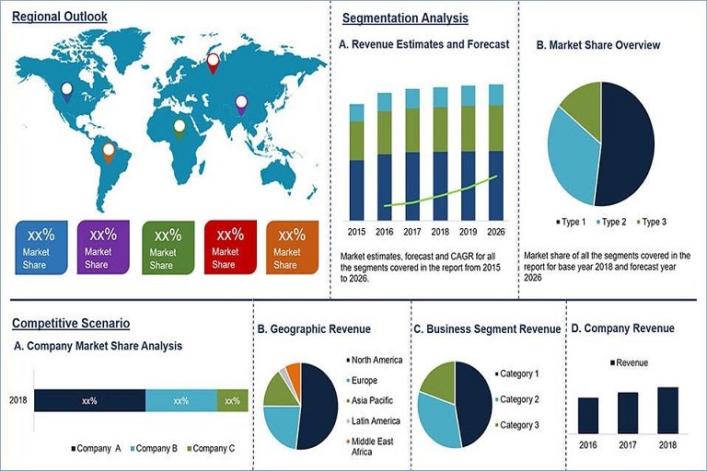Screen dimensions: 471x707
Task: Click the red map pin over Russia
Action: coord(214,63)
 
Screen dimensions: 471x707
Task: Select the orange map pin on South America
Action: coord(109,150)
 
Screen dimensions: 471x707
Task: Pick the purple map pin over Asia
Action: coord(241,104)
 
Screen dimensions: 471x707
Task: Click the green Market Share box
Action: coord(168,247)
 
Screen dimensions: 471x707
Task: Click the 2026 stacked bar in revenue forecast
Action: coord(496,152)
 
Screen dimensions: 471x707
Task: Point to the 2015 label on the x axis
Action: coord(356,231)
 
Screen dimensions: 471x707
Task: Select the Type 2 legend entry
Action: coord(613,222)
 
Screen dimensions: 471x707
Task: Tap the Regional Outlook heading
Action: coord(60,17)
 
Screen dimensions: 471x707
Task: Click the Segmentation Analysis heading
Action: coord(405,18)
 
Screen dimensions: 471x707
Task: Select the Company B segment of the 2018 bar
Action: coord(181,401)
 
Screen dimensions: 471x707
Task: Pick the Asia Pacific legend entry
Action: coord(373,401)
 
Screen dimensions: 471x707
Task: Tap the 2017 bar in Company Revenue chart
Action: coord(628,412)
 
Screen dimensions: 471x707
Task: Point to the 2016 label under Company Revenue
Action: coord(588,445)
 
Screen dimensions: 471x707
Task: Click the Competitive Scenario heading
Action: coord(71,324)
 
